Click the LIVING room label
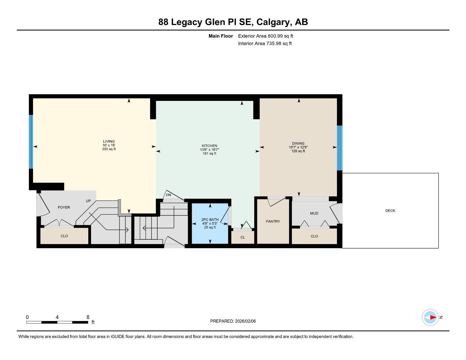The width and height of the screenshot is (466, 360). (109, 142)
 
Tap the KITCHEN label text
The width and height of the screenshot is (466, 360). (209, 146)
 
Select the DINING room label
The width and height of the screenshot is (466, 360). (298, 143)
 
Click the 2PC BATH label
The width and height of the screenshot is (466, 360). (210, 220)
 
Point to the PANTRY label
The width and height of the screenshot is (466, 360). (273, 221)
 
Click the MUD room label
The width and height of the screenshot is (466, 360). (314, 213)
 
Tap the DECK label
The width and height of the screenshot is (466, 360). (390, 211)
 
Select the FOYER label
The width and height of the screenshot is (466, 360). (64, 207)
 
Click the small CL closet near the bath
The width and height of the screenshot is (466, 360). (243, 237)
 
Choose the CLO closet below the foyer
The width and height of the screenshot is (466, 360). (64, 236)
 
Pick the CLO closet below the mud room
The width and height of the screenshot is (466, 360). (314, 236)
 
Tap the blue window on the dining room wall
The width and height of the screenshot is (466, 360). (339, 148)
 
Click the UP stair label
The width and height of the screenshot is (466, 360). (88, 201)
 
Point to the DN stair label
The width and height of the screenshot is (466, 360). (168, 195)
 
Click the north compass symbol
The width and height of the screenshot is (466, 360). (430, 317)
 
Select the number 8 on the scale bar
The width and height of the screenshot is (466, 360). (88, 317)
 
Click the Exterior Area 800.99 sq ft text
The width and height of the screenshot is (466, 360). (266, 36)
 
